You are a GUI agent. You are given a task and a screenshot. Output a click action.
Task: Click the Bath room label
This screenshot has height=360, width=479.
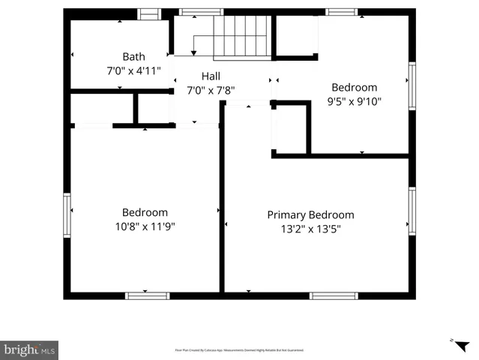pos(133,56)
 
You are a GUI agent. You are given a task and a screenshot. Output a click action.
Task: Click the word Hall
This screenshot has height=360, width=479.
pos(211,76)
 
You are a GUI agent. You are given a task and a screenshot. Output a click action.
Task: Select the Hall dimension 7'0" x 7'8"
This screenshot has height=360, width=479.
pos(211,90)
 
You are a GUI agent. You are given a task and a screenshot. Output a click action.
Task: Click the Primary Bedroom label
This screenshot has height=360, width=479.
pos(310,214)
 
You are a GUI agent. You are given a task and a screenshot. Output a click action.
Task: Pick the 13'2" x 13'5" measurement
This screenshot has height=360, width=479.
pos(310,229)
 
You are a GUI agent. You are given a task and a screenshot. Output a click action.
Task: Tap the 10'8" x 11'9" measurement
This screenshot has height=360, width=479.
pos(145,226)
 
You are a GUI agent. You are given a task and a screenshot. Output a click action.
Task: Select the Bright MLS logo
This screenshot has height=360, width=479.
pos(29,349)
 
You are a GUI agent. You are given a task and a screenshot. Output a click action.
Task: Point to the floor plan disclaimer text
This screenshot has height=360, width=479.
pos(239,350)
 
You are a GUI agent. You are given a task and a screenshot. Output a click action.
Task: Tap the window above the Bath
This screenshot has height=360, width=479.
pos(150,13)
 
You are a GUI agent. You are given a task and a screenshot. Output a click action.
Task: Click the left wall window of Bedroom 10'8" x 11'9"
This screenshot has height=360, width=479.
pos(67,215)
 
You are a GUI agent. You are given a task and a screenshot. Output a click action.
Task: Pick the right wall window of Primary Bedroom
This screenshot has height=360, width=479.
pos(412,211)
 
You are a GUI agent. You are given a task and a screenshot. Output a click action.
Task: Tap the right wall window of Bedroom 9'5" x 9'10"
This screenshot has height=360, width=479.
pos(412,86)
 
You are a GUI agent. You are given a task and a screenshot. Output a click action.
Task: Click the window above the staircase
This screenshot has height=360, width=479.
pos(201,12)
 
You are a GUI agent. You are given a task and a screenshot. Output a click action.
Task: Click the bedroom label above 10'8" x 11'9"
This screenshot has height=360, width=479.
pos(145,212)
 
